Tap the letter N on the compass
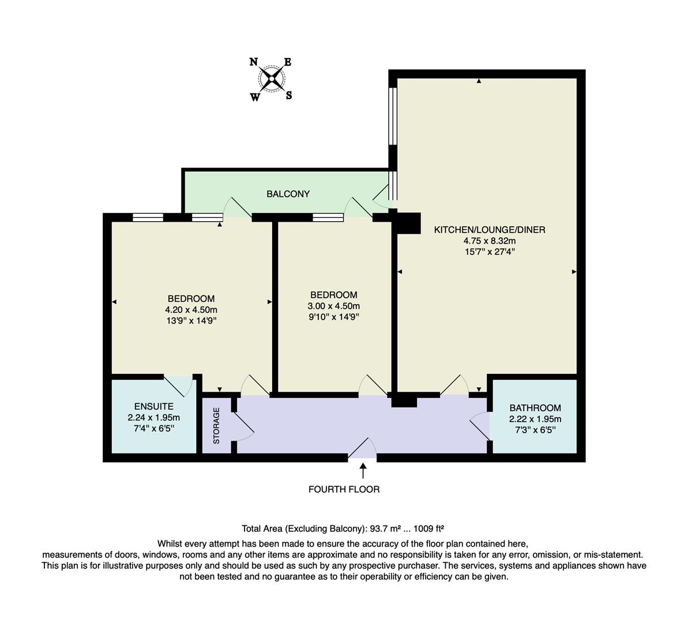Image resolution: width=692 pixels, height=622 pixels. [253, 62]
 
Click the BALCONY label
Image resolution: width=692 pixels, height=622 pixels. [288, 194]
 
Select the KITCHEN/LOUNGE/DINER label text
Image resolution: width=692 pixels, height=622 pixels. [489, 230]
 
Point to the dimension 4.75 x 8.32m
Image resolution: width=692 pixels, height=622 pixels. [489, 241]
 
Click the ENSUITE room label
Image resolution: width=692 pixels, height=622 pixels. [153, 407]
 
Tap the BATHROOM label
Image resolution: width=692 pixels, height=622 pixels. [535, 408]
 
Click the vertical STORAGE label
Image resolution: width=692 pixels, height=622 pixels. [217, 426]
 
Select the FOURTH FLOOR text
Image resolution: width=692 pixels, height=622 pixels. [344, 490]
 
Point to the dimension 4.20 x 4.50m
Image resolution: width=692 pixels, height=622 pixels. [191, 309]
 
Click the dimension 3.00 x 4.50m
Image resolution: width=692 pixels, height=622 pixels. [334, 306]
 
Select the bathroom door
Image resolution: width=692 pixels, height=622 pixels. [480, 426]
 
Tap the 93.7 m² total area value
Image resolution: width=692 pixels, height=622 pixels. [381, 528]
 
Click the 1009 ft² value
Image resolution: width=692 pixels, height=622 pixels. [426, 528]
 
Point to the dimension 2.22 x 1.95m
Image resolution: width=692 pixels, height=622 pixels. [535, 419]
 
